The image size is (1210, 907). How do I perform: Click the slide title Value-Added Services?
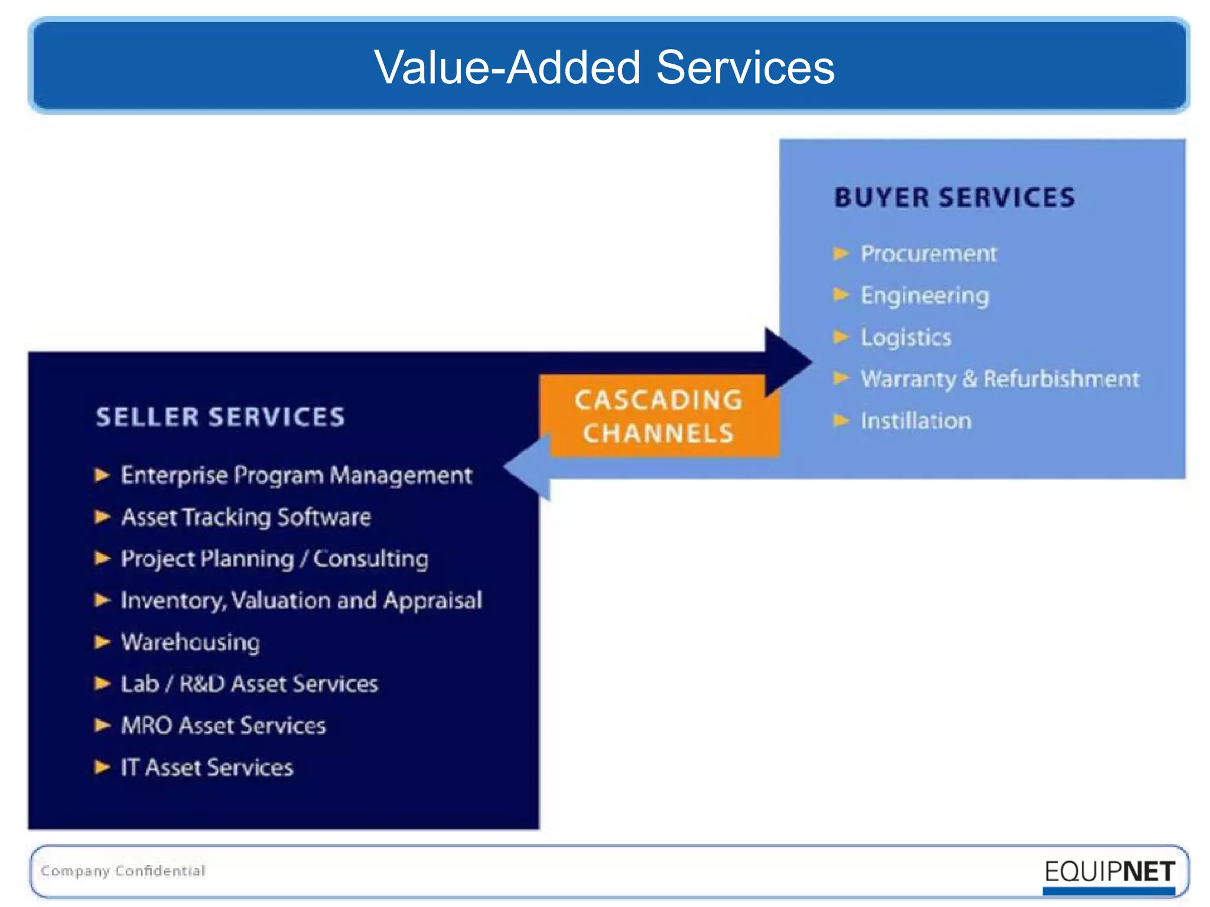click(x=604, y=67)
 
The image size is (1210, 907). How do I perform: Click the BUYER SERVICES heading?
click(x=954, y=197)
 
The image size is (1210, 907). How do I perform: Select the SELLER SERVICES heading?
click(x=220, y=417)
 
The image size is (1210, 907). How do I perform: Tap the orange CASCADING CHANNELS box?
click(x=658, y=416)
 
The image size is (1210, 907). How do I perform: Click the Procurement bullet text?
click(x=928, y=254)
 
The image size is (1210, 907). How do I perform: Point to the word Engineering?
click(x=924, y=295)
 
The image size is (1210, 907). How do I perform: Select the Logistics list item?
click(x=905, y=337)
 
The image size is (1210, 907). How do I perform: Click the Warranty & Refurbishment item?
click(x=999, y=379)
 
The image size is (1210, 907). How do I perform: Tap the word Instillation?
click(x=915, y=421)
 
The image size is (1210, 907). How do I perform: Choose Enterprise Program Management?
click(x=296, y=475)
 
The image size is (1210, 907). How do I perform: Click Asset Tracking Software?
click(x=246, y=517)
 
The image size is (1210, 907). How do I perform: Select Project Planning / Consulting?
click(x=274, y=559)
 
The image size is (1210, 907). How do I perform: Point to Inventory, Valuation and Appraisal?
click(x=301, y=601)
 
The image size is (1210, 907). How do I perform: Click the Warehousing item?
click(x=190, y=642)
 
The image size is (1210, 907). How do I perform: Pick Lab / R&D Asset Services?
click(x=249, y=684)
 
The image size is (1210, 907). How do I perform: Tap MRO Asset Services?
click(x=223, y=726)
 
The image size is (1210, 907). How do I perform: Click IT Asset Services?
click(x=207, y=768)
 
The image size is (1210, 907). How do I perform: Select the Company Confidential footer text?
click(x=123, y=871)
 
